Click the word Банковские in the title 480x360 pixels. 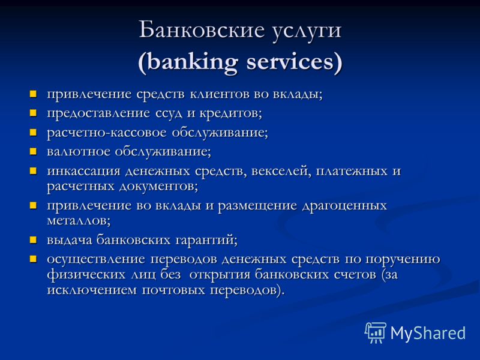tap(202, 30)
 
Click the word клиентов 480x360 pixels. tap(220, 94)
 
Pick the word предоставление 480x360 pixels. tap(98, 114)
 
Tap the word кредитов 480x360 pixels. tap(229, 114)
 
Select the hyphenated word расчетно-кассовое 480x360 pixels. tap(107, 133)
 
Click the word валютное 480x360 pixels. tap(79, 152)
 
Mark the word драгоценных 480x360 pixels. tap(344, 206)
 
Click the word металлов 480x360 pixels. tap(77, 221)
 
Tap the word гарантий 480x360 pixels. tap(205, 240)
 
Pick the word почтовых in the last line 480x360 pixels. tap(173, 290)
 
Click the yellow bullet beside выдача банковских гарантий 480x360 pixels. tap(33, 239)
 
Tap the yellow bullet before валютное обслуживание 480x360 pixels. tap(33, 152)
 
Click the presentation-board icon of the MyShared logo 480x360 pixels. tap(375, 332)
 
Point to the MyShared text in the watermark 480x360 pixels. tap(428, 334)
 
